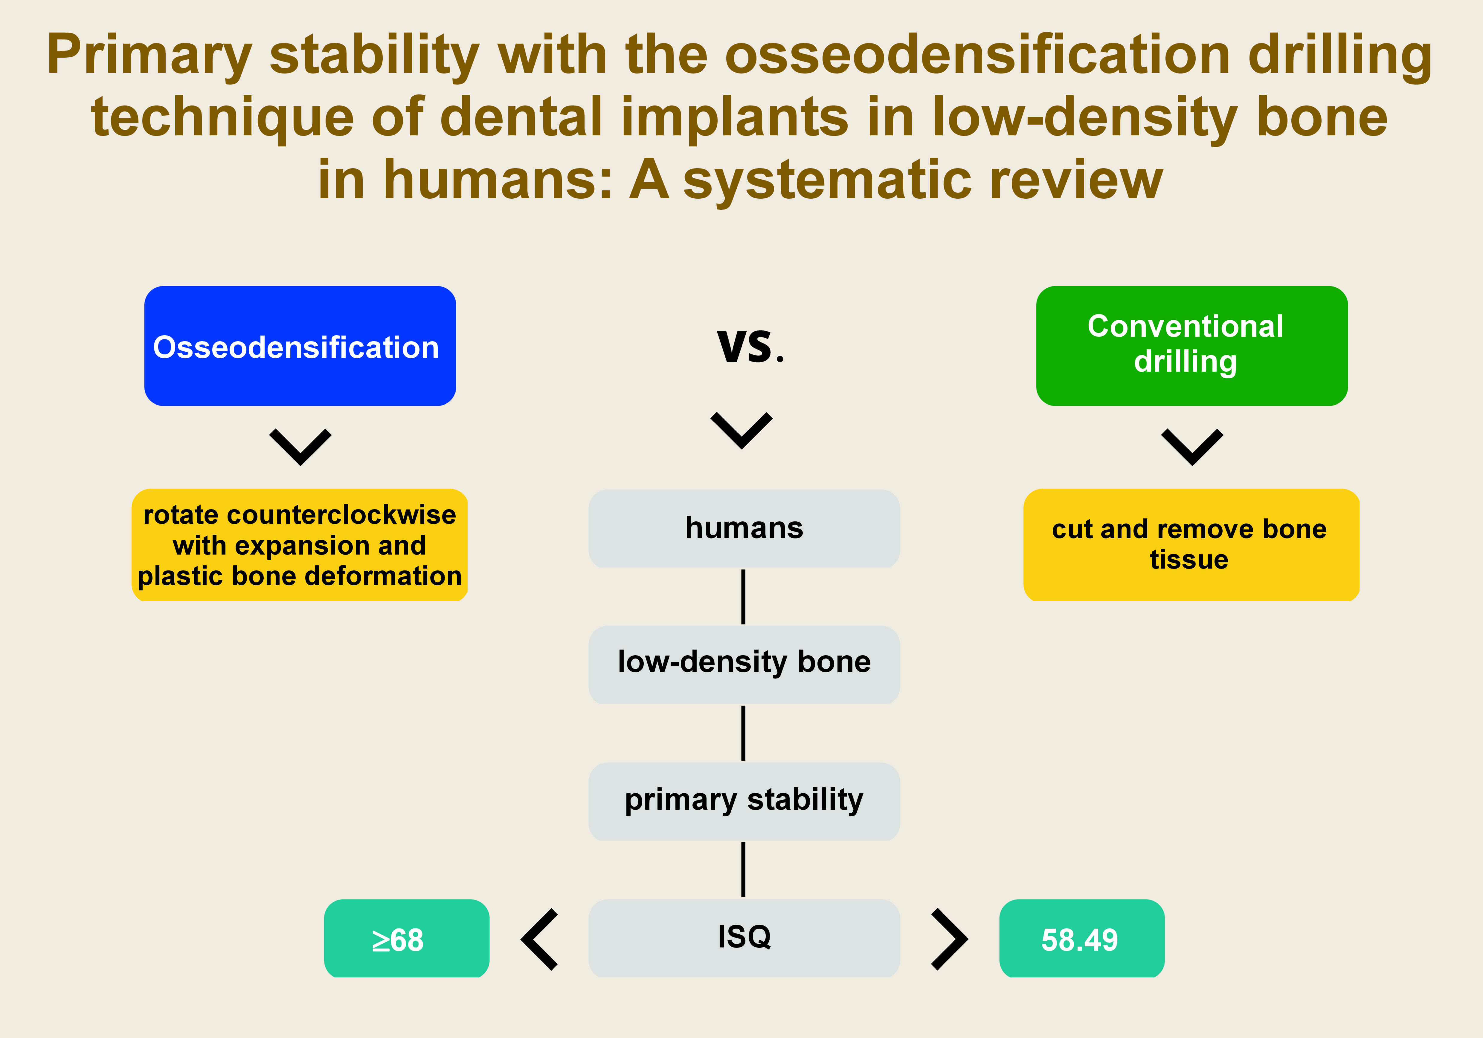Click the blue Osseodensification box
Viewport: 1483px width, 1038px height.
pyautogui.click(x=300, y=346)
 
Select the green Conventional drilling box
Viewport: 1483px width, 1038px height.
pyautogui.click(x=1192, y=346)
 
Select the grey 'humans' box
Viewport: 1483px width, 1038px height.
pyautogui.click(x=744, y=528)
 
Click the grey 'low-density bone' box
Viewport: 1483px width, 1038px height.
pyautogui.click(x=744, y=664)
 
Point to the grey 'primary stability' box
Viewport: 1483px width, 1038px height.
pyautogui.click(x=744, y=800)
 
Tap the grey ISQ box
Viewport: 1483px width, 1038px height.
pyautogui.click(x=744, y=937)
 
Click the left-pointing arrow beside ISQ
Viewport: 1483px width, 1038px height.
pyautogui.click(x=540, y=939)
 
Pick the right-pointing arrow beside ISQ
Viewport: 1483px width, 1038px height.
pyautogui.click(x=949, y=939)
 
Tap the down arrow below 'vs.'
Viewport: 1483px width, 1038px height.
pyautogui.click(x=741, y=430)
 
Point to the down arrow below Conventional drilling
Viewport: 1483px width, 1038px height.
pyautogui.click(x=1192, y=447)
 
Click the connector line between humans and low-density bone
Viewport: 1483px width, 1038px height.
pyautogui.click(x=743, y=596)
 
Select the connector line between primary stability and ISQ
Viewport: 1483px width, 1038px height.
pyautogui.click(x=743, y=869)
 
